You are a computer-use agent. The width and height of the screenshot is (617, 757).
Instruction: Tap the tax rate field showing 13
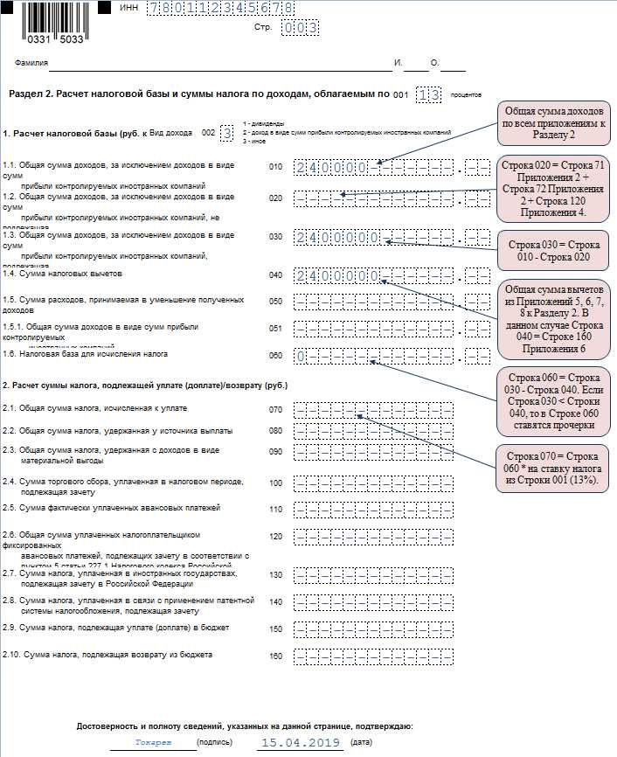click(428, 94)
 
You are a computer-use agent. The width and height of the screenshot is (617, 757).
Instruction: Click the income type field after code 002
click(227, 133)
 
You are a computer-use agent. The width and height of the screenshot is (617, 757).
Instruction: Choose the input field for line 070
click(373, 409)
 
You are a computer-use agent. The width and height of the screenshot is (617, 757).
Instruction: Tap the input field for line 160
click(373, 655)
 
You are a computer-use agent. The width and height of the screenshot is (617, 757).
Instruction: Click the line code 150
click(276, 629)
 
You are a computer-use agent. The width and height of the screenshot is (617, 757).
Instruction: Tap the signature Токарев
click(153, 741)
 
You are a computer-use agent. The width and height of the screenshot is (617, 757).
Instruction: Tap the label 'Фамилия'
click(31, 63)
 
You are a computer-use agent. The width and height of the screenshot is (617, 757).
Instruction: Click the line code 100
click(276, 483)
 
